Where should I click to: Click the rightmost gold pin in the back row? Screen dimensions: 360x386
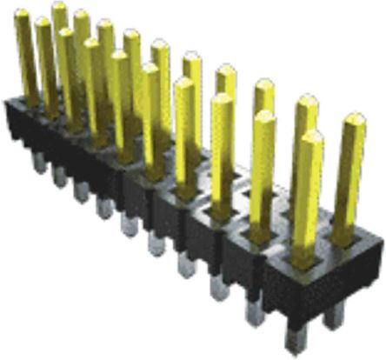coord(349,174)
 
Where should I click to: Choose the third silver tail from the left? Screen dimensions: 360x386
coord(81,190)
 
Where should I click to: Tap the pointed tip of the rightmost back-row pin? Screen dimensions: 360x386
coord(352,118)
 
